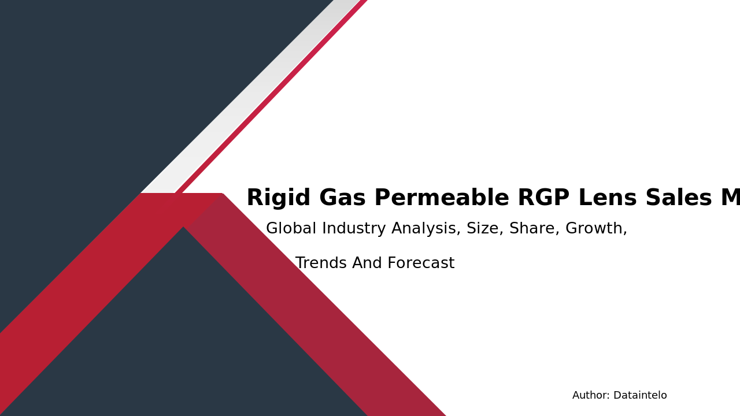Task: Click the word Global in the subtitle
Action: (x=291, y=229)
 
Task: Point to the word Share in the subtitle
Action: (x=534, y=229)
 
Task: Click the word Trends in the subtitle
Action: (x=321, y=263)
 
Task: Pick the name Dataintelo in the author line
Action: (x=640, y=396)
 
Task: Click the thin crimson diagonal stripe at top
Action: (x=272, y=95)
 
